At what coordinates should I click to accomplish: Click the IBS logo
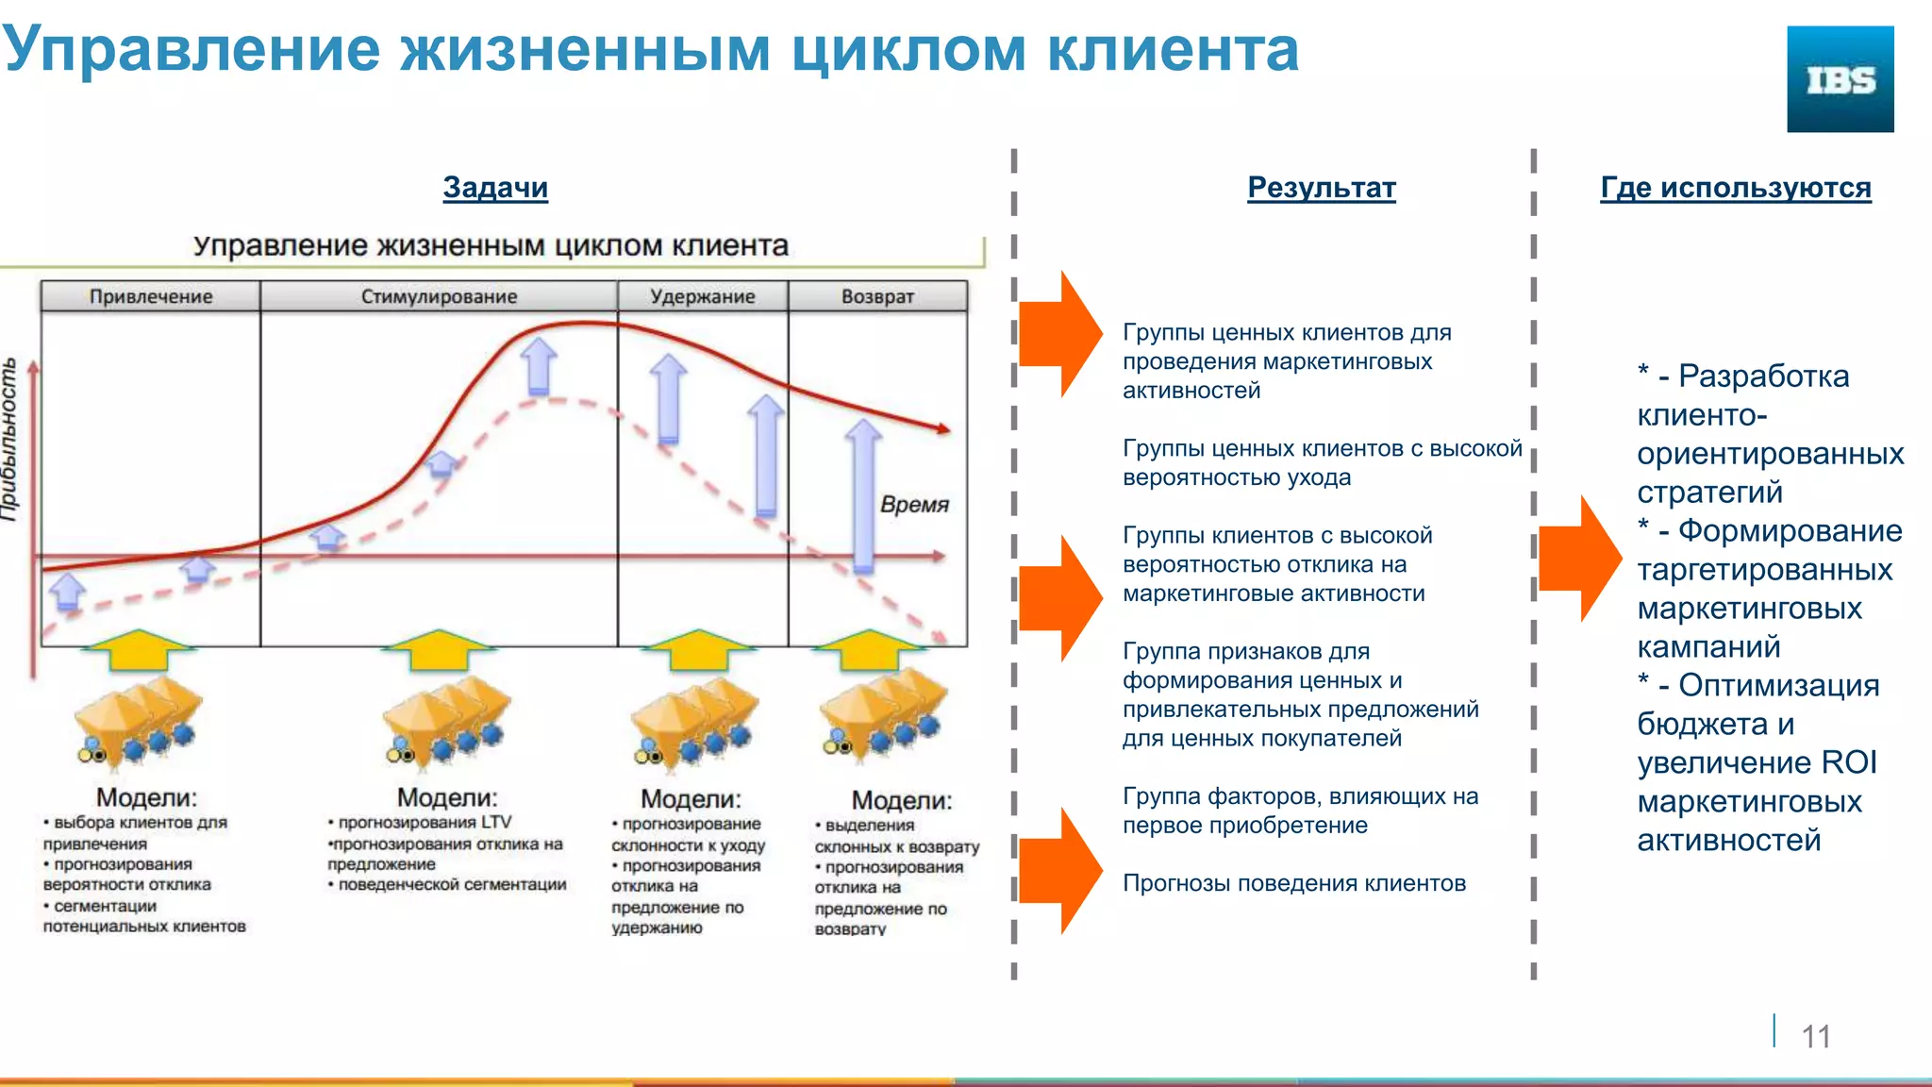point(1840,79)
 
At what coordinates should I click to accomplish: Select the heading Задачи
point(495,188)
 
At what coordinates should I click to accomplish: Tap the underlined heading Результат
point(1321,188)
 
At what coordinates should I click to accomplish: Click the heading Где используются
point(1735,188)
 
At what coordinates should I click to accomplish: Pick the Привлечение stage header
point(151,296)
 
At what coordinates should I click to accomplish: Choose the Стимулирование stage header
point(439,296)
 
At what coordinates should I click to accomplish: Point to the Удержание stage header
point(702,296)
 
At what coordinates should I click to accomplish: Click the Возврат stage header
point(877,296)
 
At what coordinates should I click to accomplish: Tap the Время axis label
point(913,505)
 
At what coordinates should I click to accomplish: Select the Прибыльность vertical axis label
point(9,439)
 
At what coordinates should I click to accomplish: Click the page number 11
point(1815,1036)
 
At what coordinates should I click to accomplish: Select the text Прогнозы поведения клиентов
point(1293,883)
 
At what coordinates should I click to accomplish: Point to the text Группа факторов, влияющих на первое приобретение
point(1300,811)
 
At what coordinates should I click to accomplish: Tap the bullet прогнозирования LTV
point(424,823)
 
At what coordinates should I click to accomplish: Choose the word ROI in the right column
point(1848,762)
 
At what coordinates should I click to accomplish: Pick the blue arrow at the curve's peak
point(539,366)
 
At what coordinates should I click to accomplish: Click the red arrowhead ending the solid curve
point(942,429)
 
